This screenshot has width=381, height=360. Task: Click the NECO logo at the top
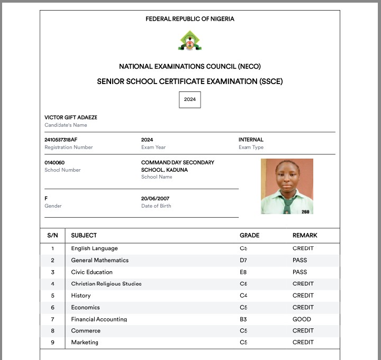189,41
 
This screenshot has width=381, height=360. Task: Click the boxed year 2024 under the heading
189,99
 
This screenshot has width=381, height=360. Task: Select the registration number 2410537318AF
61,140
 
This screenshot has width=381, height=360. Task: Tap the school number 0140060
55,162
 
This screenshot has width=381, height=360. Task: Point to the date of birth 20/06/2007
156,198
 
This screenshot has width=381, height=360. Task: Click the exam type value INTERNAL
251,140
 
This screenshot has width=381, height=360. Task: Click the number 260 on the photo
305,211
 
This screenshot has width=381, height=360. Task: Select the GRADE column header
249,235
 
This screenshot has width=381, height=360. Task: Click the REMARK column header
305,235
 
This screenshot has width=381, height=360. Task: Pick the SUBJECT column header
84,235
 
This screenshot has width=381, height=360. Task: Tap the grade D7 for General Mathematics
243,260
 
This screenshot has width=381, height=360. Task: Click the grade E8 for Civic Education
243,272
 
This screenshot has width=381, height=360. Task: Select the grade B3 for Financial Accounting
243,319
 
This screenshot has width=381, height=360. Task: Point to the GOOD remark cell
302,319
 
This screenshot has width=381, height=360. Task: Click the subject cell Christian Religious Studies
106,284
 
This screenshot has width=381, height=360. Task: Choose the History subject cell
81,296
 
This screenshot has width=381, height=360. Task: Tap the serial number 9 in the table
52,343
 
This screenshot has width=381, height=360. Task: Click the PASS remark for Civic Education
300,272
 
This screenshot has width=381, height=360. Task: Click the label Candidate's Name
66,125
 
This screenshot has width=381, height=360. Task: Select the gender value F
46,198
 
